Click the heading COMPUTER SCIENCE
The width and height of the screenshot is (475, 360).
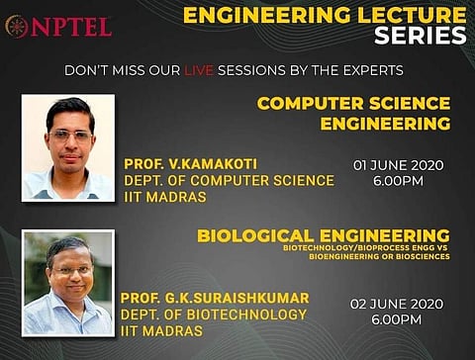tap(353, 103)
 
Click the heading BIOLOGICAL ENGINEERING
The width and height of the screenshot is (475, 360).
tap(323, 235)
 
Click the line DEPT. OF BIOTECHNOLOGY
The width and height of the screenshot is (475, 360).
tap(213, 315)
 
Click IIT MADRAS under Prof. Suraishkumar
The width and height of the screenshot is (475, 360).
tap(162, 331)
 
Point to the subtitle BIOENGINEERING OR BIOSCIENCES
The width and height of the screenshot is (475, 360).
tap(379, 256)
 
